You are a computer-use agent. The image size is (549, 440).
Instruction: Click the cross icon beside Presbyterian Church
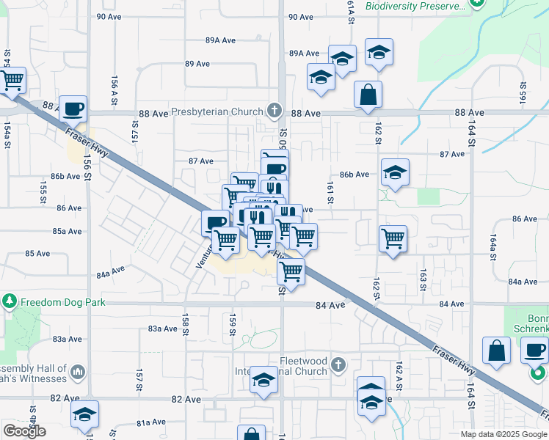click(x=274, y=111)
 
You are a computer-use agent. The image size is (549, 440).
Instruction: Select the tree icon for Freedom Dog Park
click(x=10, y=301)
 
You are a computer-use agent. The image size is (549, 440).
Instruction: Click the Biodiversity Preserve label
click(x=416, y=6)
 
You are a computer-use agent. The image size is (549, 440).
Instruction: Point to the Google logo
click(x=24, y=431)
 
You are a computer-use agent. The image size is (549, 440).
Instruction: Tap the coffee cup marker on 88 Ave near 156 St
click(x=73, y=110)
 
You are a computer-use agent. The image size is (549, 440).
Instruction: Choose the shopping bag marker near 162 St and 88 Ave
click(x=368, y=95)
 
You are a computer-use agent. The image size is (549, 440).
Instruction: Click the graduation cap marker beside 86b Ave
click(x=396, y=173)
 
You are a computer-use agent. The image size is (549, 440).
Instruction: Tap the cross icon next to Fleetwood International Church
click(x=338, y=364)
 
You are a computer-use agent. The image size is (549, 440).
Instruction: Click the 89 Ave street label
click(x=198, y=64)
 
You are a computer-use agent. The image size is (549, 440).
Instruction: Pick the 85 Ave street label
click(x=37, y=253)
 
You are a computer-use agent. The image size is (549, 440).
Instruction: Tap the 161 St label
click(x=331, y=193)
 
